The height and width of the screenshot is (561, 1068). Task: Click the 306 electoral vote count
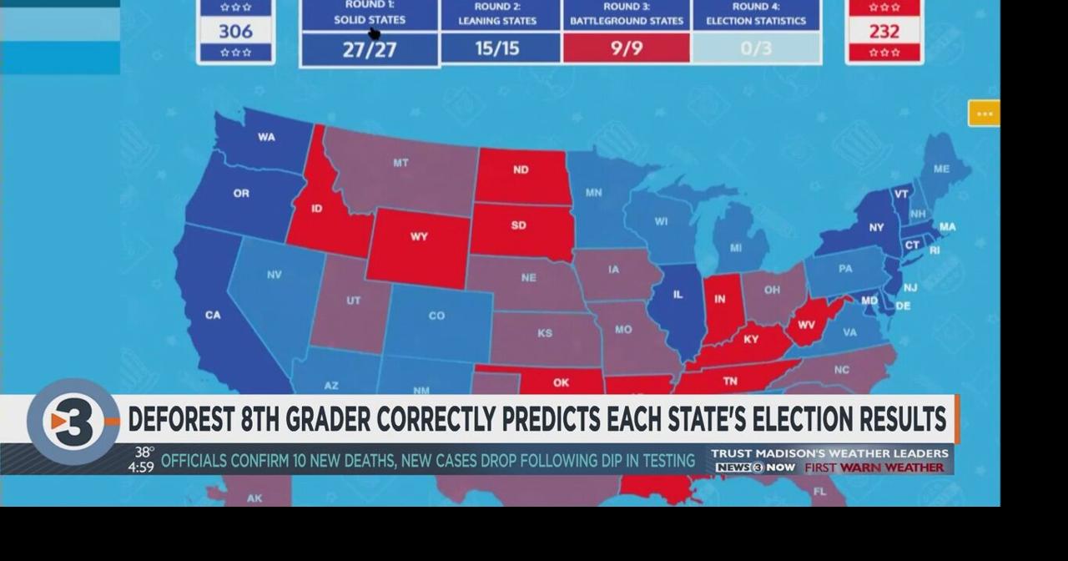[x=235, y=31]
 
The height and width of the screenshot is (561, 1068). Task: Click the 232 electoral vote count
[x=884, y=31]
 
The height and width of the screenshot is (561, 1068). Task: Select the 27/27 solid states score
[x=370, y=49]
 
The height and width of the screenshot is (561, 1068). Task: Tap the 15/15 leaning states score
[x=497, y=48]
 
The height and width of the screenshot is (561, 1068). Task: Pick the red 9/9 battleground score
[x=627, y=48]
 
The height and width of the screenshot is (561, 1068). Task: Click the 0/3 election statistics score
[x=757, y=48]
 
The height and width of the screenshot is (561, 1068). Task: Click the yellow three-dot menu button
[x=984, y=114]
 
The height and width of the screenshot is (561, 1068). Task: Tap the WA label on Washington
[x=266, y=137]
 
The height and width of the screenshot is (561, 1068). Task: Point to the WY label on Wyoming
[x=419, y=236]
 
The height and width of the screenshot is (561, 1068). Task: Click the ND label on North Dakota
[x=521, y=169]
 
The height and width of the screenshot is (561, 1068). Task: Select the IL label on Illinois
[x=677, y=294]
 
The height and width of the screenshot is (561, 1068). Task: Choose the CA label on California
[x=213, y=315]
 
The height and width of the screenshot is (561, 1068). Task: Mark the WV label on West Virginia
[x=806, y=326]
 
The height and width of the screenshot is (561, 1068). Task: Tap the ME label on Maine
[x=941, y=169]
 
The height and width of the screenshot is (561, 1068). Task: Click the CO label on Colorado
[x=436, y=316]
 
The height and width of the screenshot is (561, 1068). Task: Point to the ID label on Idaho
[x=316, y=208]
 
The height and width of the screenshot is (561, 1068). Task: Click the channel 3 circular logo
[x=73, y=422]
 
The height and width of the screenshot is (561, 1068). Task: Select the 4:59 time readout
[x=140, y=467]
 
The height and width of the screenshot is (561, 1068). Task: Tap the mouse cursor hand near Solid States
[x=374, y=33]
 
